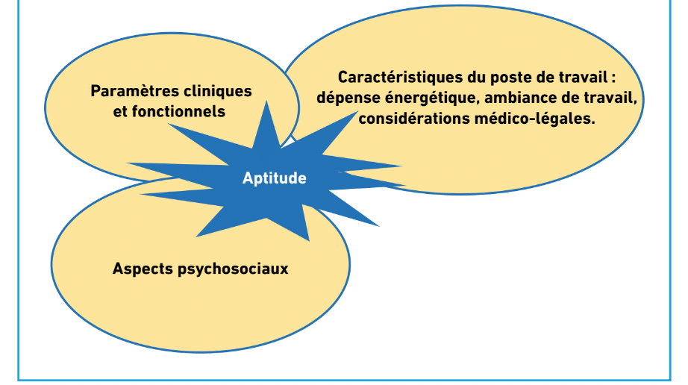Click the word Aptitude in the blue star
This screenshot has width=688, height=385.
pos(275,178)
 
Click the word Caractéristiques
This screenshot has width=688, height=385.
pos(400,77)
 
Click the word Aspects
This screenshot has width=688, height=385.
pos(143,269)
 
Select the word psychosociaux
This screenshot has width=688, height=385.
pos(233,269)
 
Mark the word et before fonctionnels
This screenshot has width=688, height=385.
pos(120,112)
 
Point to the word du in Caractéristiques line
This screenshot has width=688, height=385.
pos(476,77)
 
